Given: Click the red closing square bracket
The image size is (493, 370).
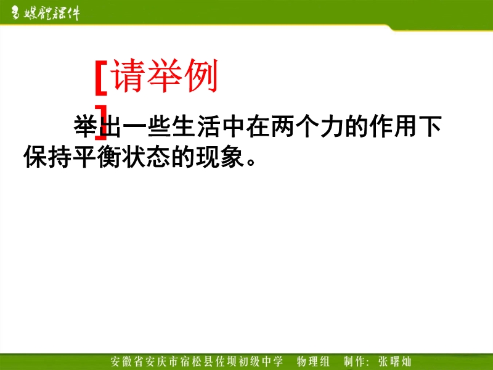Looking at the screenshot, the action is tap(102, 122).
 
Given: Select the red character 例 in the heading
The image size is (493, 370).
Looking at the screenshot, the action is tap(202, 76).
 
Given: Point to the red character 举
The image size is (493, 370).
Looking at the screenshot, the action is tap(165, 76).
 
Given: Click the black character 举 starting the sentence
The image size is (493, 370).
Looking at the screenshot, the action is tap(85, 126).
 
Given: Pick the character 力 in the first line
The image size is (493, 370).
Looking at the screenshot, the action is tap(332, 126).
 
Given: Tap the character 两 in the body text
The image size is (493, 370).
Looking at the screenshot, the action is tap(282, 126).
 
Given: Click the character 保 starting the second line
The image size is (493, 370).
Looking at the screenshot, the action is tap(36, 156).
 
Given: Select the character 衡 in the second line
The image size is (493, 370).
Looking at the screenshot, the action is tap(110, 156).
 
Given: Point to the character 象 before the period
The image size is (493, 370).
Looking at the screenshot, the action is tap(233, 156).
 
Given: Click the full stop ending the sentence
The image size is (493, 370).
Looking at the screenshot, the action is tap(251, 162).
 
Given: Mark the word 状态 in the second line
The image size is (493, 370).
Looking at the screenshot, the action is tap(147, 156).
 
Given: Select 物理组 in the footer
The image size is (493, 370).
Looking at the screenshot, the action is tap(313, 361).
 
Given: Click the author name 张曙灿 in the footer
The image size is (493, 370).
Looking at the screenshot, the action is tap(395, 361).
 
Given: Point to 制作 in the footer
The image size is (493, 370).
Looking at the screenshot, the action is tap(354, 361).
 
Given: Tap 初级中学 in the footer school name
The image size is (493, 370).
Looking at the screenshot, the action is tap(261, 361).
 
